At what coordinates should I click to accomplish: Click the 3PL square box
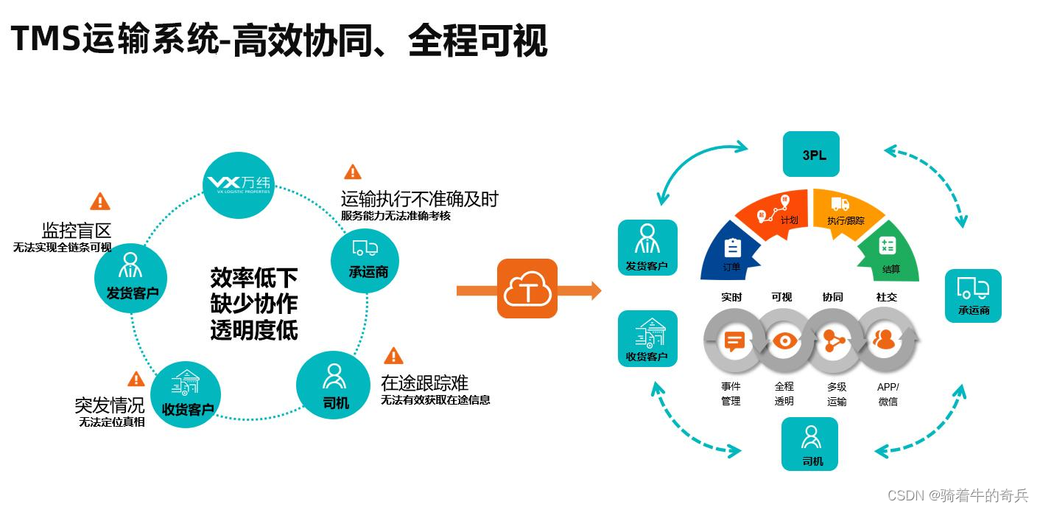pos(811,154)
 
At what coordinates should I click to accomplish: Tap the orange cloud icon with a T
pos(527,289)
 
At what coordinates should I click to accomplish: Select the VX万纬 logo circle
pos(238,184)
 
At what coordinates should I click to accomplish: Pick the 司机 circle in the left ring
pos(335,386)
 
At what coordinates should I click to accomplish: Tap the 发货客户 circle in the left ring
pos(131,276)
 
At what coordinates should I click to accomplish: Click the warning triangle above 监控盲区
pos(99,201)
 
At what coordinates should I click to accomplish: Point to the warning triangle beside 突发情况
pos(136,380)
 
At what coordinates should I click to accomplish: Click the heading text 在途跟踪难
pos(424,382)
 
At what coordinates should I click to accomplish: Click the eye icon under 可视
pos(784,340)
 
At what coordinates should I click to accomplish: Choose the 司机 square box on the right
pos(810,444)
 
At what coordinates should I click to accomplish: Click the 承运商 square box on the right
pos(973,296)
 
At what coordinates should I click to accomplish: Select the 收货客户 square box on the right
pos(647,339)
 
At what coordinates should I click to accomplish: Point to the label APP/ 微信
pos(888,394)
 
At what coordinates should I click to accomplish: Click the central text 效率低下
pos(254,278)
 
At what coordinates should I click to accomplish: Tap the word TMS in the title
pos(45,39)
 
